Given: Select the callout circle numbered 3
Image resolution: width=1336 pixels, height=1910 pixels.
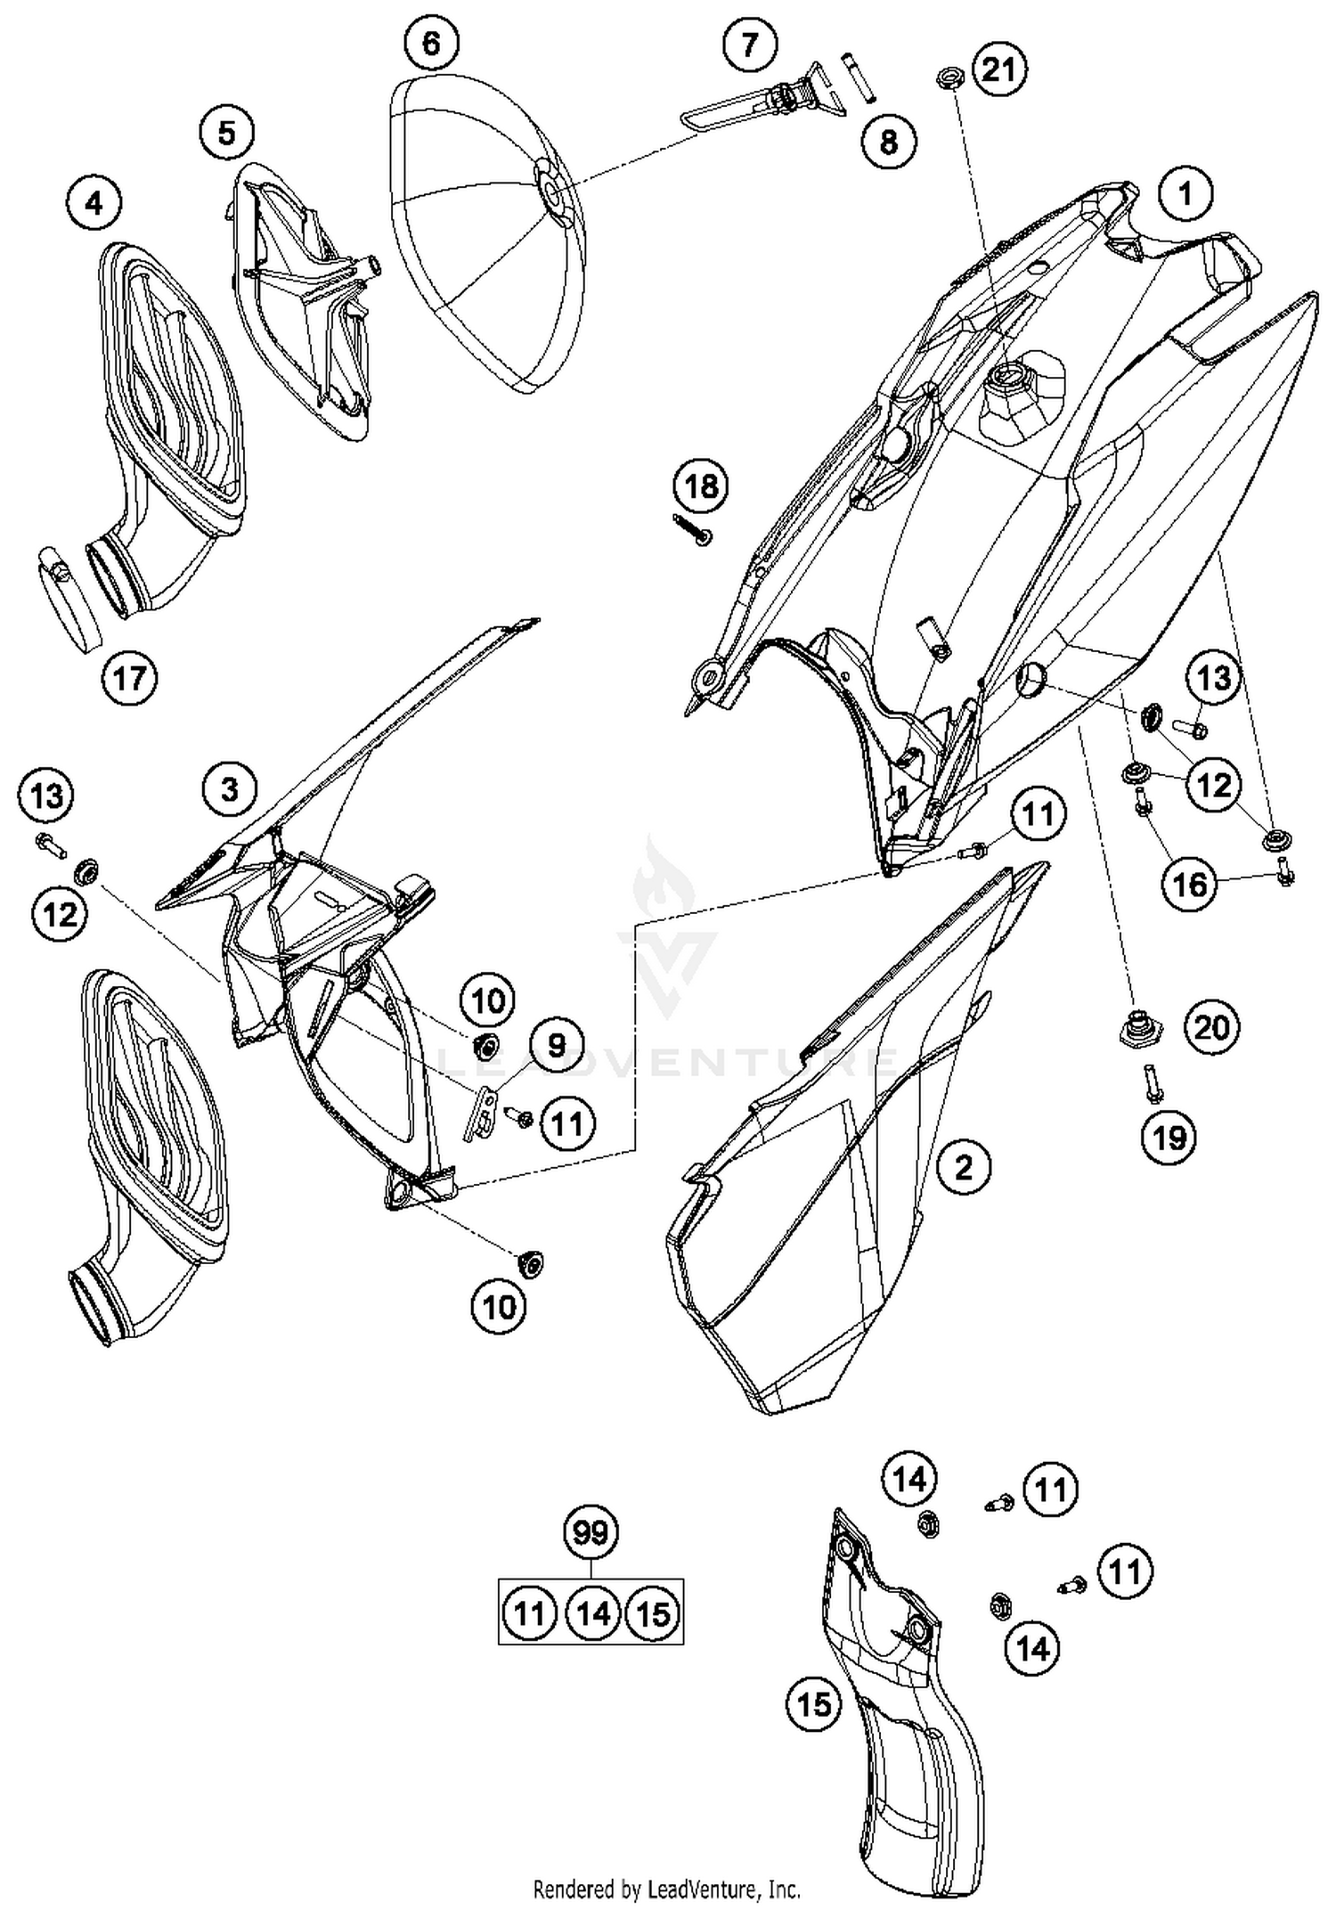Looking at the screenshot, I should [x=229, y=789].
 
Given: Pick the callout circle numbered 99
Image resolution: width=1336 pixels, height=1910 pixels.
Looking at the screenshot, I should [x=591, y=1532].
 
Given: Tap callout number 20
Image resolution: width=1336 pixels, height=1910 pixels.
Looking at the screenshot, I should [x=1210, y=1028].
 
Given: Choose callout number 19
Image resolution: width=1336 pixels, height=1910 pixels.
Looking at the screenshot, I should [x=1169, y=1137].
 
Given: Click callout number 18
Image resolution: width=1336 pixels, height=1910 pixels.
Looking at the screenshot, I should [x=702, y=486].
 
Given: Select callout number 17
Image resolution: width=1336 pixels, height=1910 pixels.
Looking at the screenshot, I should [x=129, y=679].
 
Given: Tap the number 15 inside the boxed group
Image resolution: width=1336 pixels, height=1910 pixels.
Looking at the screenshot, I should [x=654, y=1613].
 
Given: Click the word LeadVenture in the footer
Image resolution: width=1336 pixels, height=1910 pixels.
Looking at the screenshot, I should [x=706, y=1889].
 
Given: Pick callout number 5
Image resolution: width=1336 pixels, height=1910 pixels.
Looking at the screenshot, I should [x=226, y=134].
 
